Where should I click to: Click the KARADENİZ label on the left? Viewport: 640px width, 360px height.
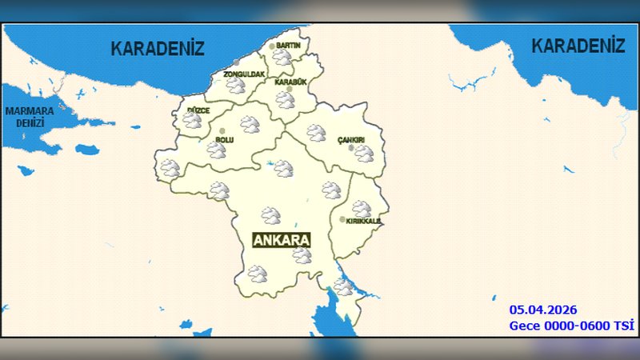click(158, 48)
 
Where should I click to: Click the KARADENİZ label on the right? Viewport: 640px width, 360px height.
click(578, 46)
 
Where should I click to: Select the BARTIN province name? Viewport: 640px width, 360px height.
click(288, 46)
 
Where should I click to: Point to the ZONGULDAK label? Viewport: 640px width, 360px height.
click(243, 74)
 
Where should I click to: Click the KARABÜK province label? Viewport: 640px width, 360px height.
click(290, 82)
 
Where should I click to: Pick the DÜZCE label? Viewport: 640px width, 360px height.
click(198, 110)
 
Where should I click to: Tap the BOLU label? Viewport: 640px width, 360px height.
click(224, 139)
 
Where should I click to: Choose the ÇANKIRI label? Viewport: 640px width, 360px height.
click(351, 140)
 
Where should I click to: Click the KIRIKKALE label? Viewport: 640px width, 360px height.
click(364, 221)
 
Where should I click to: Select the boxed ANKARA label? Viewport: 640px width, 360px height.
click(281, 240)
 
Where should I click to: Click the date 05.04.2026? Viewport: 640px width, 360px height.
click(542, 310)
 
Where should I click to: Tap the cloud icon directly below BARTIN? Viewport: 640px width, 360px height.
click(282, 58)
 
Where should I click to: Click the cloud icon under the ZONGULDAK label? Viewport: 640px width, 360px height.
click(235, 86)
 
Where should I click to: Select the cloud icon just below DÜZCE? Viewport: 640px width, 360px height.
click(192, 121)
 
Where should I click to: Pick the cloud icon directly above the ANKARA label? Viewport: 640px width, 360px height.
click(271, 215)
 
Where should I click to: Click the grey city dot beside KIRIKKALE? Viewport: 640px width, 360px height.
click(342, 219)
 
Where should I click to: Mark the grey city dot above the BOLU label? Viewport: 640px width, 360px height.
click(222, 130)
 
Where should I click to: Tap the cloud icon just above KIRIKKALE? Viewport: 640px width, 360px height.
click(362, 209)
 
